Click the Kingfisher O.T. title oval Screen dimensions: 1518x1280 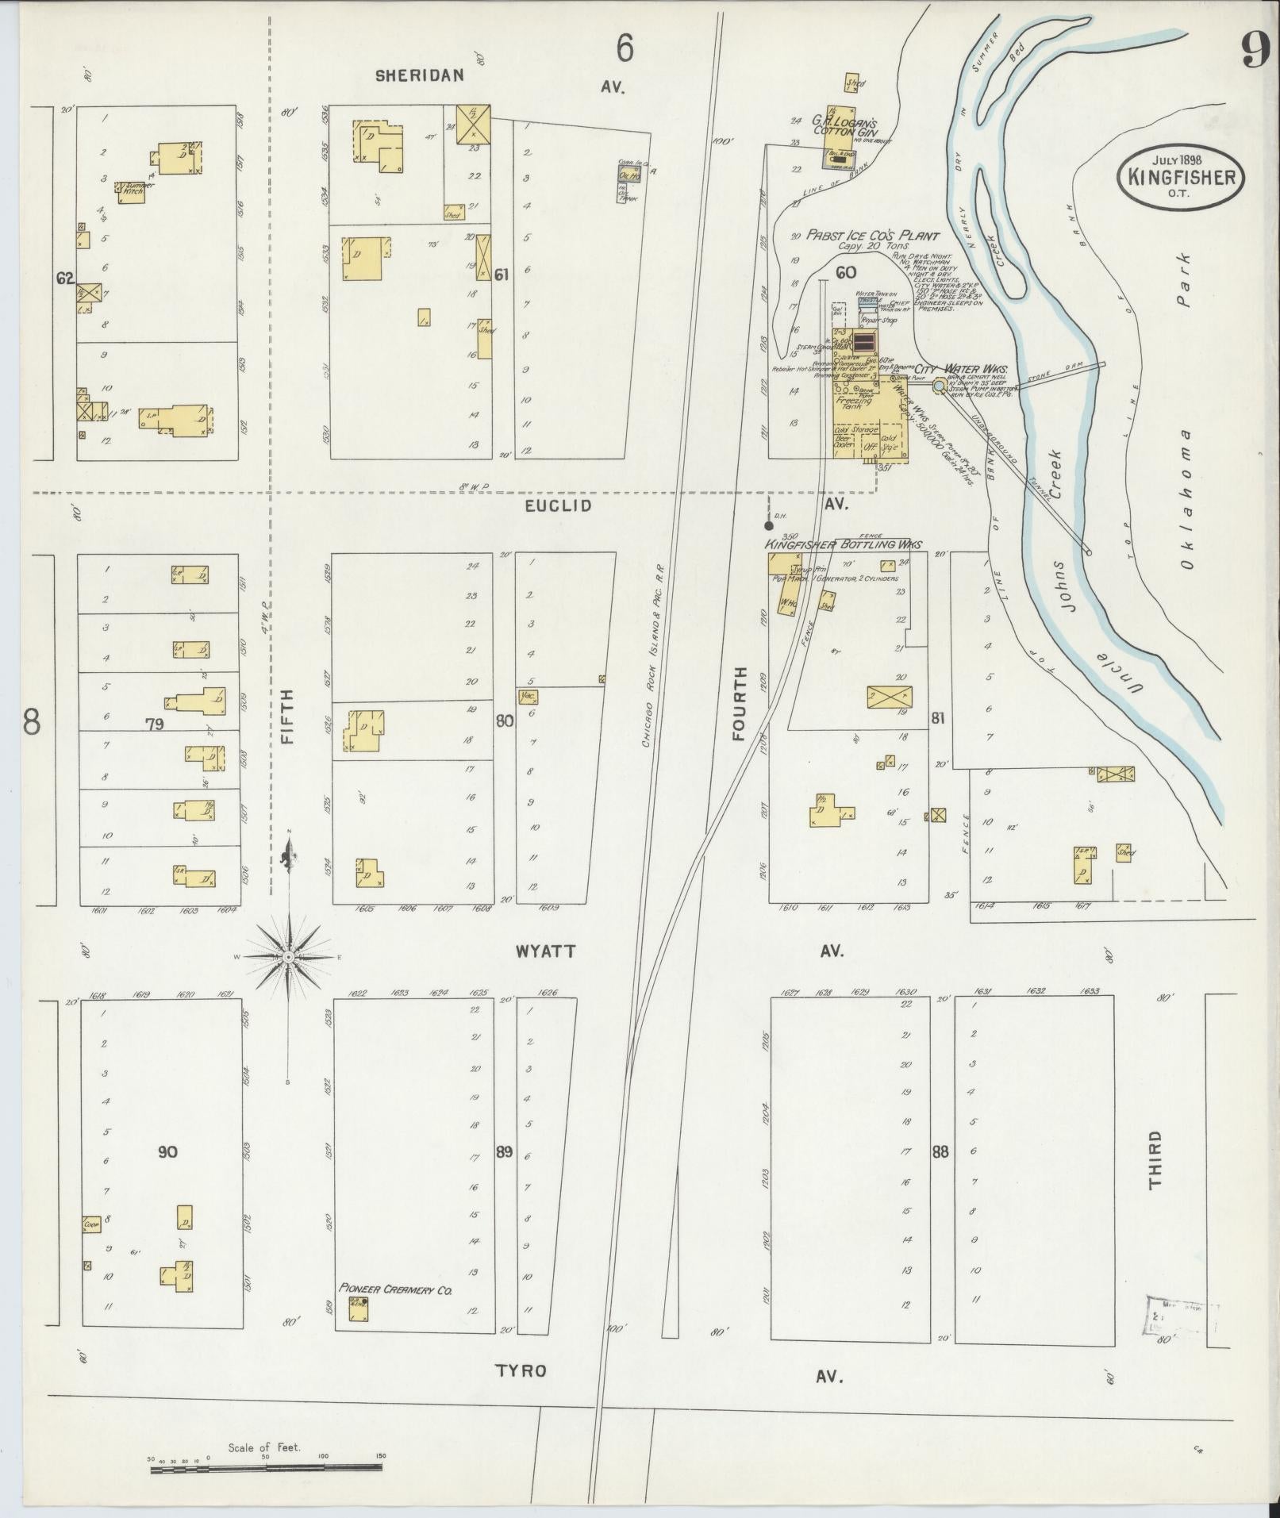[1181, 176]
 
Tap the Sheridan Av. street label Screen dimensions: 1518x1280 [420, 75]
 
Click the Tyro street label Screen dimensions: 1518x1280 [521, 1370]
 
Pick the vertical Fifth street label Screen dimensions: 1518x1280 [287, 715]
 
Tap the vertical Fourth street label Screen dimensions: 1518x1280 [740, 704]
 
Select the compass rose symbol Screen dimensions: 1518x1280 [290, 958]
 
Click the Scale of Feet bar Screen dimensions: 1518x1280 [266, 1470]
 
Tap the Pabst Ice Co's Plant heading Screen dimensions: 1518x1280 [873, 236]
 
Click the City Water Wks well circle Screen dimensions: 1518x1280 [939, 386]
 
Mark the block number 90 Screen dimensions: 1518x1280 [167, 1151]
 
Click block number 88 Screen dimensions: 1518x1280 [940, 1151]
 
